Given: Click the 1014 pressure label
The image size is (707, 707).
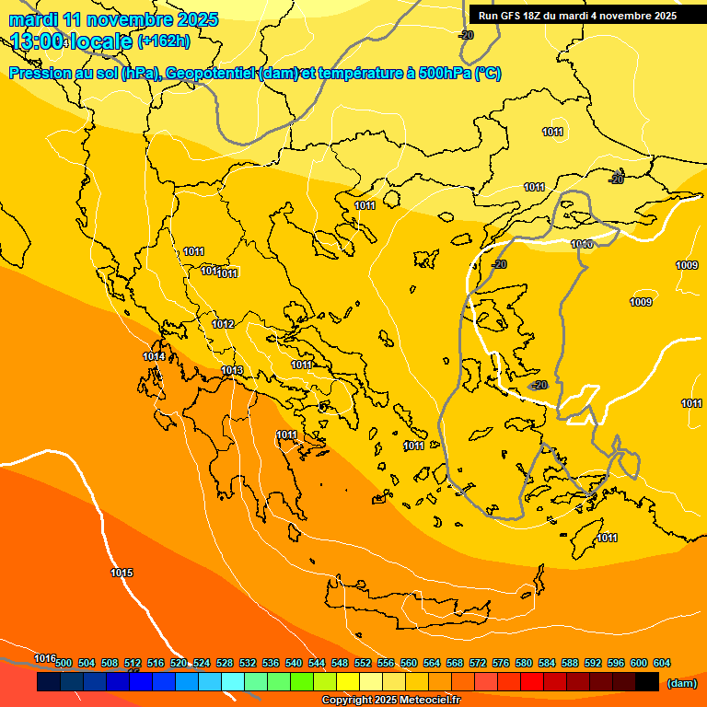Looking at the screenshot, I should pos(154,356).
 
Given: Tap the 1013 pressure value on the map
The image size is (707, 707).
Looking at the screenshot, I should pos(232,370).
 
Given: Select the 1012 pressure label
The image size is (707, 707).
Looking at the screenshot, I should pos(223,324).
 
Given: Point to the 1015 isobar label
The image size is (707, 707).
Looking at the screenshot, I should pos(122,573).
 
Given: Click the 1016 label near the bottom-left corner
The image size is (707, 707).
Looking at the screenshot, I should pos(45,657).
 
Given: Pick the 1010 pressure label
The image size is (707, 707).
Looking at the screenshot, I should pos(581,244).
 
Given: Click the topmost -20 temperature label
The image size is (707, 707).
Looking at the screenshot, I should pos(467,35).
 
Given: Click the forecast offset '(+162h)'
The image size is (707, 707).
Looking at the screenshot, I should pos(163,41).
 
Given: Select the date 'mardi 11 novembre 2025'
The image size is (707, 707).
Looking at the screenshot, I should pos(113,18).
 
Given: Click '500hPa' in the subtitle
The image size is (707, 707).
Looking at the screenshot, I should pos(445,74).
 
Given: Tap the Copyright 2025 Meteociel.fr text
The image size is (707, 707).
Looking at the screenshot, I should pos(391,701).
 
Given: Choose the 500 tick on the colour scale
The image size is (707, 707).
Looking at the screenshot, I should pos(64,663).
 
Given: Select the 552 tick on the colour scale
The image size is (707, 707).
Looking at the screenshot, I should pos(363,663).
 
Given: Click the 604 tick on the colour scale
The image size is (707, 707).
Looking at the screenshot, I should pos(662,663).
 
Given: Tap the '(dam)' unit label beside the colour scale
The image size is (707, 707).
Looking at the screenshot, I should pos(681,683).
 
